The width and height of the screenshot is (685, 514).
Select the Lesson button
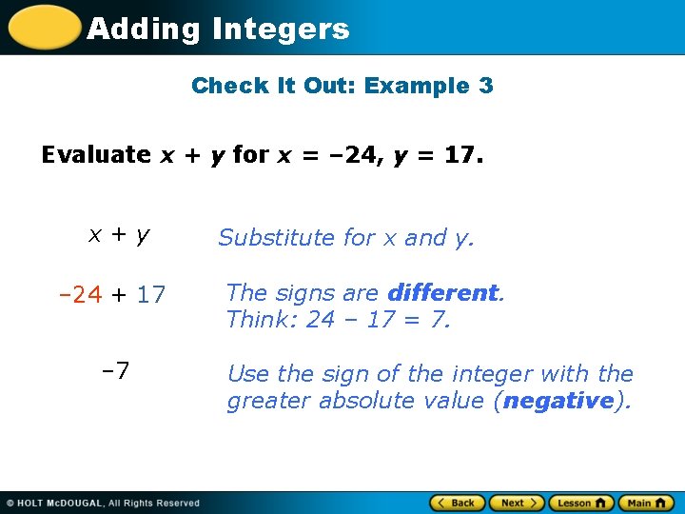click(x=580, y=503)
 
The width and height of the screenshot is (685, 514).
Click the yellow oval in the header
click(x=43, y=28)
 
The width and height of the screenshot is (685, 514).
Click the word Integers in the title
click(x=281, y=30)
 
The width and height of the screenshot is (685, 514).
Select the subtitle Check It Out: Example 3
click(x=342, y=86)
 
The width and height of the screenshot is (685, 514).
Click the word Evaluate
click(x=96, y=155)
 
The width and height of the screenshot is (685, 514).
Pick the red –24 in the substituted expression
click(x=81, y=295)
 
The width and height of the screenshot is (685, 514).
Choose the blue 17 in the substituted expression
click(x=150, y=295)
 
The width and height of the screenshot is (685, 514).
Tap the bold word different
click(x=442, y=293)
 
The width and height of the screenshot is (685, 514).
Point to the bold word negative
click(x=558, y=401)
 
